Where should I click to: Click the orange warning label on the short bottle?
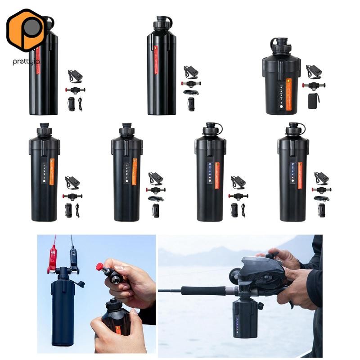pyautogui.click(x=289, y=89)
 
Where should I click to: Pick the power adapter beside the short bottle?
pyautogui.click(x=313, y=71)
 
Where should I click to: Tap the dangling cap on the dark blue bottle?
pyautogui.click(x=81, y=284)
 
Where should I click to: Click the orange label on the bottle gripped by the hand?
pyautogui.click(x=119, y=325)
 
